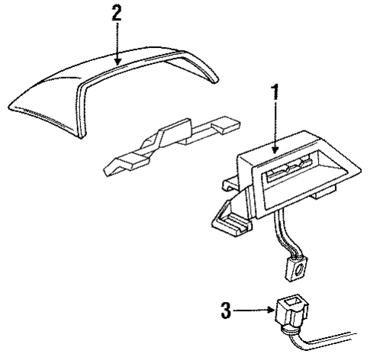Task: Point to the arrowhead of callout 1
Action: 274,146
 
